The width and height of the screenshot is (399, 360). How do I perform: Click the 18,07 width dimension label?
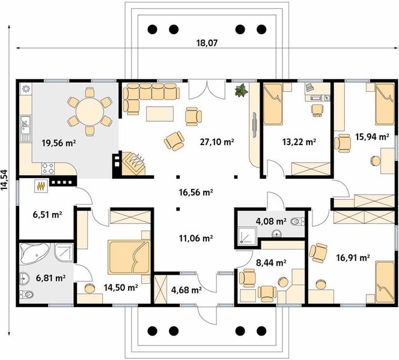click(x=207, y=43)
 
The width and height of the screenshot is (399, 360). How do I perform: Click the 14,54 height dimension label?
click(x=5, y=179)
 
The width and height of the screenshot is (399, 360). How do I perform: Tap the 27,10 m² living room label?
click(x=217, y=142)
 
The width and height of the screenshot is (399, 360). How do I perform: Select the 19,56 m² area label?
click(x=59, y=143)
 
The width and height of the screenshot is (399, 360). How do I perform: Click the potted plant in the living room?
click(x=241, y=90)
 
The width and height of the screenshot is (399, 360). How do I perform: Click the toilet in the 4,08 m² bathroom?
click(x=297, y=221)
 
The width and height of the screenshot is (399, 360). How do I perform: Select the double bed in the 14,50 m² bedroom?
click(x=129, y=257)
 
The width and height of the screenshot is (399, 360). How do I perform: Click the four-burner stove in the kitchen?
click(x=48, y=169)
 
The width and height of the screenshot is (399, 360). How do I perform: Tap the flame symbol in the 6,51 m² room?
click(x=41, y=186)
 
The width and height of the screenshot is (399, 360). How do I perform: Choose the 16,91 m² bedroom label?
click(x=353, y=258)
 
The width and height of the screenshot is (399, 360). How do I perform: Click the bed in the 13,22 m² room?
click(x=273, y=104)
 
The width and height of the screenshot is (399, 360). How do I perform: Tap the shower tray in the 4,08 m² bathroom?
click(x=248, y=236)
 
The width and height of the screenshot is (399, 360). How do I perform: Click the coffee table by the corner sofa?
click(x=160, y=114)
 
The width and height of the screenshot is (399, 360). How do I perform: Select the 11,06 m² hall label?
click(x=196, y=238)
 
